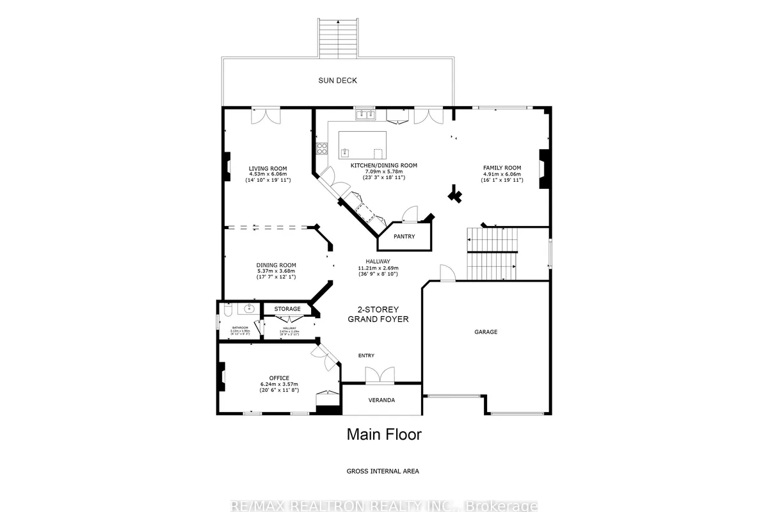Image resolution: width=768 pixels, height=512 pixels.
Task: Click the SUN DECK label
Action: pos(337,81)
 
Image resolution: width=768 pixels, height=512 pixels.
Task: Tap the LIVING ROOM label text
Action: pos(268,169)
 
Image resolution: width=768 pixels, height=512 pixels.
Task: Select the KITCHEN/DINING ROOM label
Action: pos(383,165)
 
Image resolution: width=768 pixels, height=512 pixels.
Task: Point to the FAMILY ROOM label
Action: pos(502,168)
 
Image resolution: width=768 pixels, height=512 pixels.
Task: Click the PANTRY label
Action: pos(404,237)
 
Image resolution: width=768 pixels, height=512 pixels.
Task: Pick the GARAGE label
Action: pos(486,332)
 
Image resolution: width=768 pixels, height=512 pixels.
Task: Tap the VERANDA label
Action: pos(381,400)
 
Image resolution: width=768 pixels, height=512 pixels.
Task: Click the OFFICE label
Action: pos(279,378)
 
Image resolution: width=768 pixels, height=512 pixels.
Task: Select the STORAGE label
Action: pos(287,309)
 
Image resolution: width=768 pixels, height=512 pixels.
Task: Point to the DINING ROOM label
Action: pos(276,266)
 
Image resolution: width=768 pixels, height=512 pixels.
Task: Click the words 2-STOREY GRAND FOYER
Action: pos(378,314)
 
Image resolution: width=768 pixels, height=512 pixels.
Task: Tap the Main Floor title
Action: pos(384,435)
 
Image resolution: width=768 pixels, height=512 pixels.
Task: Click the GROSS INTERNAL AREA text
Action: pos(383,471)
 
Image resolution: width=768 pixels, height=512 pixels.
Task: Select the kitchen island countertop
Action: pos(362,146)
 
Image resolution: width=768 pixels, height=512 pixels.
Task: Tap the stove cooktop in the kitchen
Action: pos(322,149)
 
